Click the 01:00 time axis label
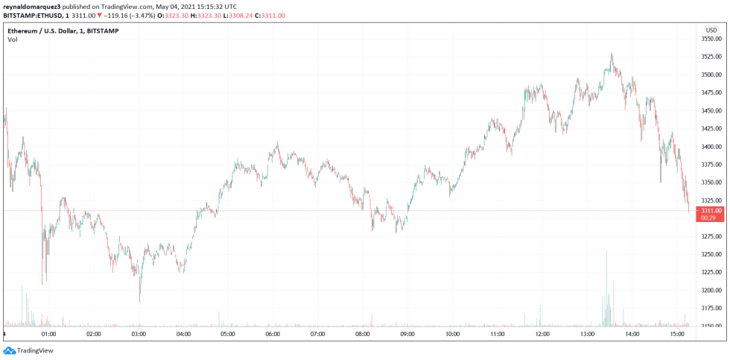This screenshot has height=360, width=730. click(49, 335)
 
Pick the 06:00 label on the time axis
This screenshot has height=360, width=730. click(273, 335)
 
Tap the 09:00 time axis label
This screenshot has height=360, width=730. click(407, 335)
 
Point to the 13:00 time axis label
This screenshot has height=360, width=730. click(587, 335)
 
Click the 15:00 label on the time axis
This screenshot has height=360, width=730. click(676, 335)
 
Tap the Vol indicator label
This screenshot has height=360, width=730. click(13, 40)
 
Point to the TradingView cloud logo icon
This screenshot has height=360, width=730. click(9, 350)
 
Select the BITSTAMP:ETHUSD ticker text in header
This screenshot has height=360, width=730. click(31, 15)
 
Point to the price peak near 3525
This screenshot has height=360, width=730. click(612, 54)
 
